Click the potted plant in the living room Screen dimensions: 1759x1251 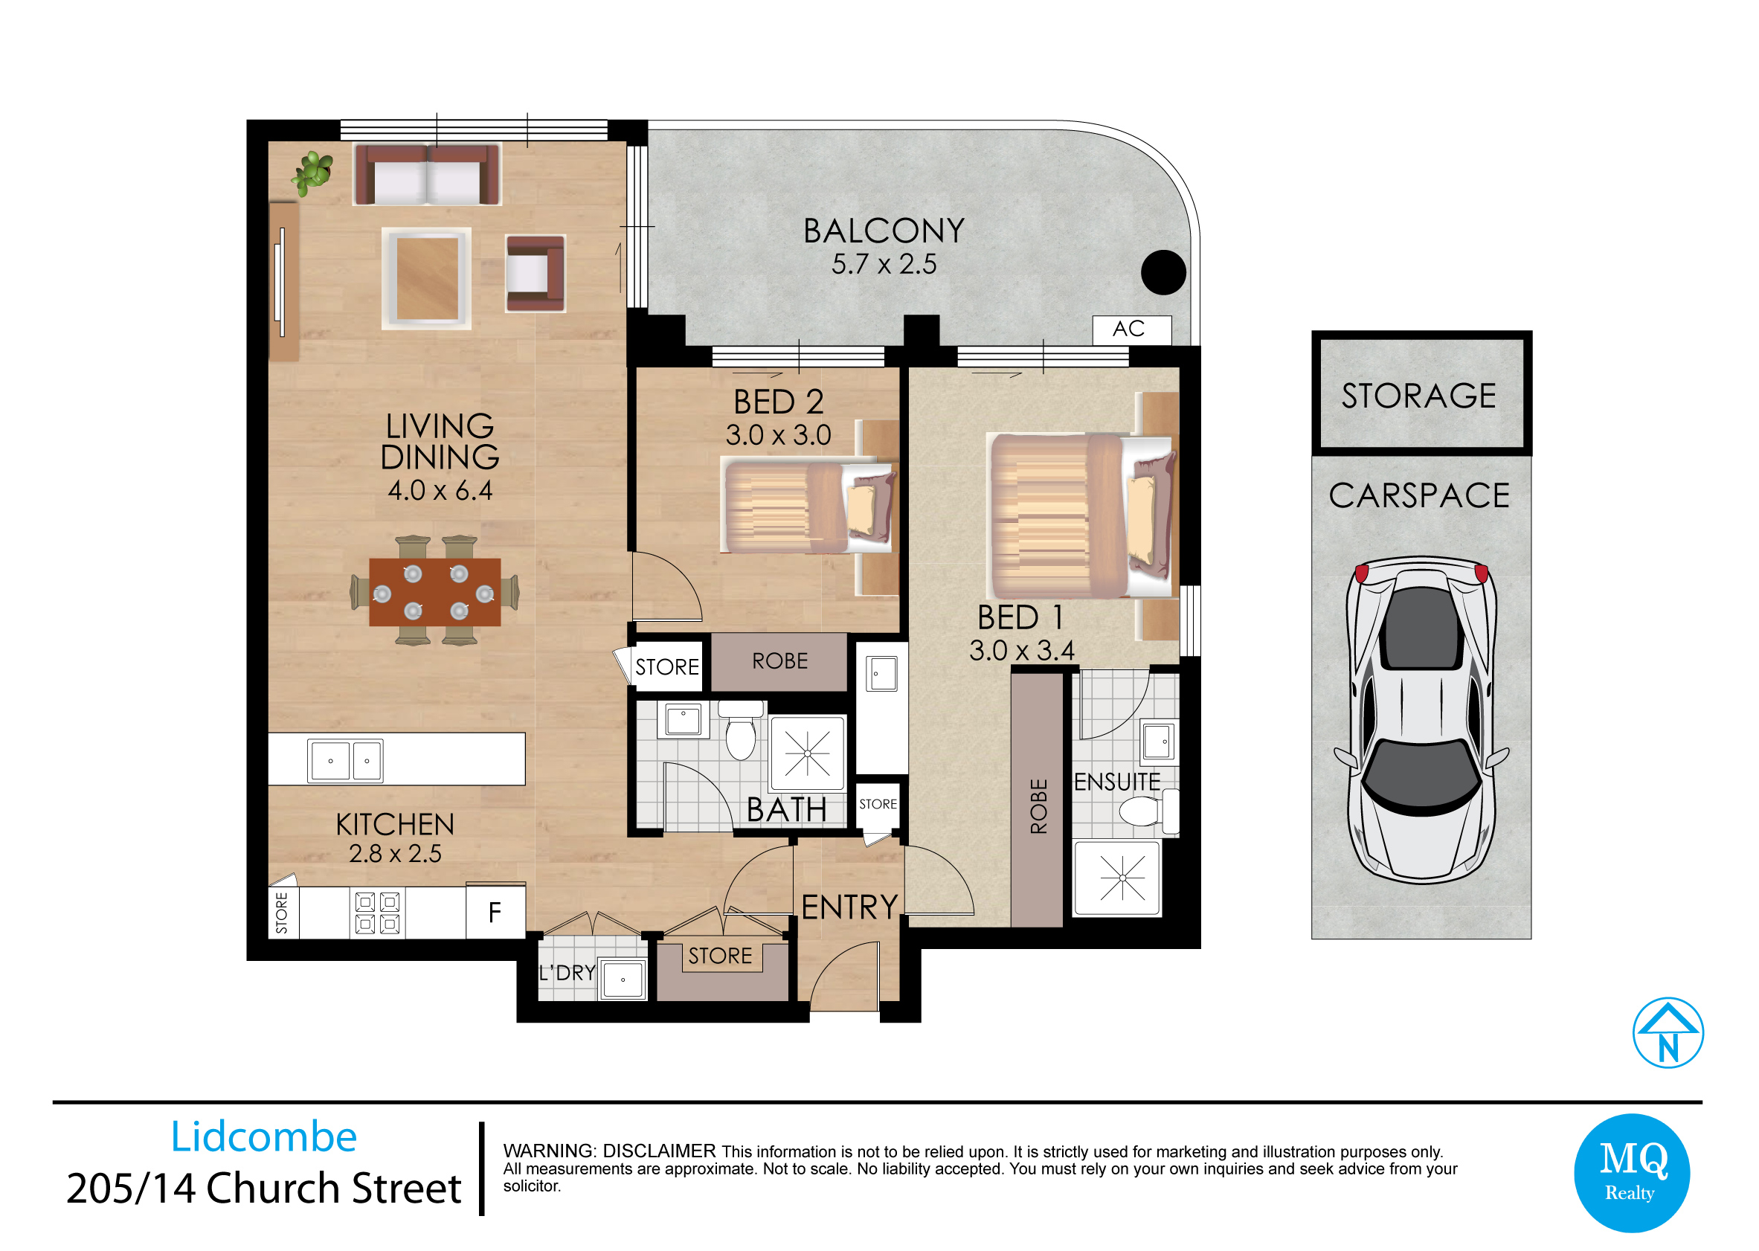(312, 173)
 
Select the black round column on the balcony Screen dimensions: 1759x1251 (1163, 272)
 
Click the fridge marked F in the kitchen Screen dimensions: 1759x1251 (495, 913)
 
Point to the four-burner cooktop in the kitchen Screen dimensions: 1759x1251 (377, 913)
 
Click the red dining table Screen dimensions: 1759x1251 (435, 592)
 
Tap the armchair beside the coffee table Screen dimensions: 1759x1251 (536, 274)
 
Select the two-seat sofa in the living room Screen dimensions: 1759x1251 (428, 175)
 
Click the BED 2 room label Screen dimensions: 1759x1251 (779, 402)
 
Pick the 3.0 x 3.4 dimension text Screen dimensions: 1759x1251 (1022, 651)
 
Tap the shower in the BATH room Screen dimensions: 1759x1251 (808, 753)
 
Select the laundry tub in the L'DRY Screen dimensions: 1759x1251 (623, 979)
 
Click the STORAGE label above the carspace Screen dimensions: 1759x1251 (1418, 396)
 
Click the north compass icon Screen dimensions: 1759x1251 (1668, 1033)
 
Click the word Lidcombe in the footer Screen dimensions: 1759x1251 (264, 1137)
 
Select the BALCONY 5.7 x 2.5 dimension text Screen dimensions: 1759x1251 (884, 264)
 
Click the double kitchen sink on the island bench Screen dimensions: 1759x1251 (345, 760)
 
